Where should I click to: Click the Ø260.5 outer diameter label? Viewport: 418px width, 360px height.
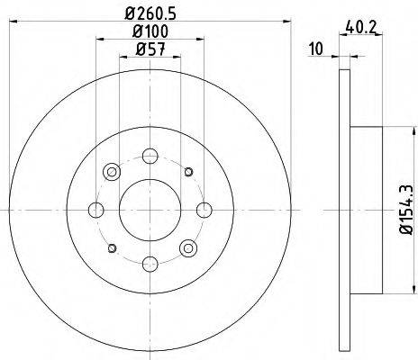[x=150, y=13]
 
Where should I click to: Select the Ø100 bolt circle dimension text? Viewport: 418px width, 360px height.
[x=150, y=32]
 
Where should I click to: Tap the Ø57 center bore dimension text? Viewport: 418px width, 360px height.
[x=150, y=50]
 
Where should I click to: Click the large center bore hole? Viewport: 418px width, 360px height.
[x=150, y=210]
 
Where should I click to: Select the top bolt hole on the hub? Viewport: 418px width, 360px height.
[x=150, y=156]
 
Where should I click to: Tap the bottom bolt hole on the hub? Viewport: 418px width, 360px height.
[x=150, y=264]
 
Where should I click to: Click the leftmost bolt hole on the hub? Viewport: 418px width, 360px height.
[x=95, y=210]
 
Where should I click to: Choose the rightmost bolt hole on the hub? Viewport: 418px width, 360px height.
[x=204, y=210]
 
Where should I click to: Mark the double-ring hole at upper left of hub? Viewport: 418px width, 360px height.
[x=112, y=171]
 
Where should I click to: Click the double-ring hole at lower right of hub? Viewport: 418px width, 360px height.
[x=188, y=247]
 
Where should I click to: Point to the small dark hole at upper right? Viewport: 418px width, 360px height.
[x=188, y=171]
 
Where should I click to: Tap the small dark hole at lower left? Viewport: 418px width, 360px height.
[x=112, y=247]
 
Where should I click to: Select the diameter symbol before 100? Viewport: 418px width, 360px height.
[x=135, y=32]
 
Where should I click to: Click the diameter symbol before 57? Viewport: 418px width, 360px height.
[x=140, y=50]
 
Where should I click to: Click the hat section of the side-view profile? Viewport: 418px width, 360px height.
[x=365, y=210]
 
